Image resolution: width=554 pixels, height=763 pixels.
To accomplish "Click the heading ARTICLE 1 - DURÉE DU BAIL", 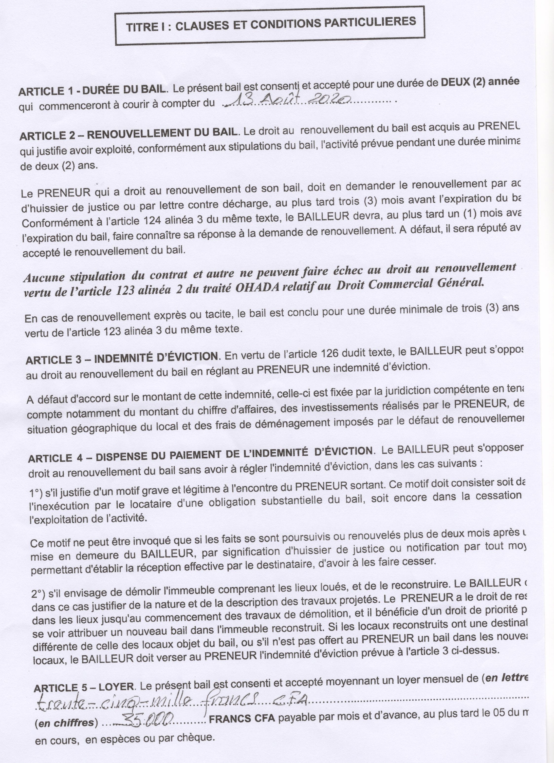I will [92, 91].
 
